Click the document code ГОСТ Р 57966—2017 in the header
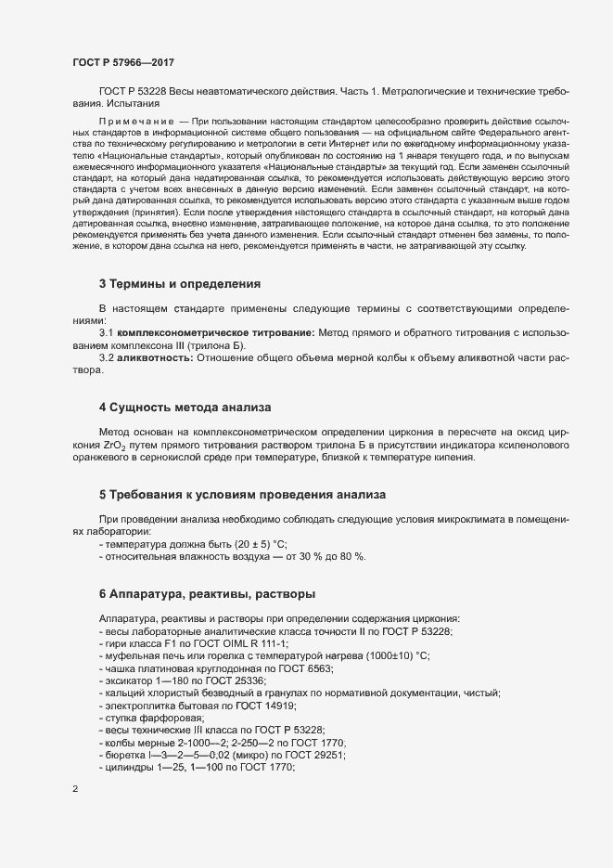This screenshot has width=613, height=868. click(x=123, y=62)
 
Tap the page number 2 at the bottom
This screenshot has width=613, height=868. click(x=75, y=790)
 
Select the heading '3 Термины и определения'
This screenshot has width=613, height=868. click(x=180, y=283)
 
